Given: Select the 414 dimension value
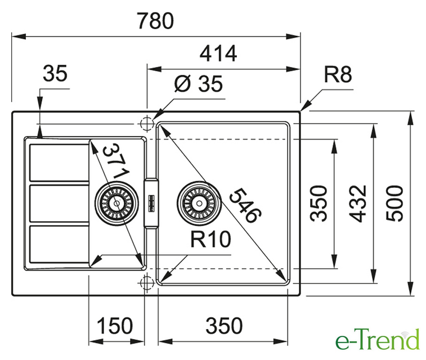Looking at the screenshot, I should (x=217, y=54).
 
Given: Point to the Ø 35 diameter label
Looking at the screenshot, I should (x=198, y=84).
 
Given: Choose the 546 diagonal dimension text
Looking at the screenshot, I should (x=246, y=205).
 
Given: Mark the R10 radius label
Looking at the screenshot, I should (x=211, y=240).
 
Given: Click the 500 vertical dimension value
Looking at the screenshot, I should (x=397, y=202).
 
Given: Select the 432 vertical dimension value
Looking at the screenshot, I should (x=360, y=203).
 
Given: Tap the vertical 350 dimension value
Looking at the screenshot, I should (x=320, y=203).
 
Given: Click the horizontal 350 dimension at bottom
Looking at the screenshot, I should (x=223, y=326).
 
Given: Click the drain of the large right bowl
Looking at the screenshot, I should (x=198, y=201).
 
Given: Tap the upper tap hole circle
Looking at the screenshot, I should (x=146, y=123).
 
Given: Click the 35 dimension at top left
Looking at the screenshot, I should (x=55, y=74).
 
